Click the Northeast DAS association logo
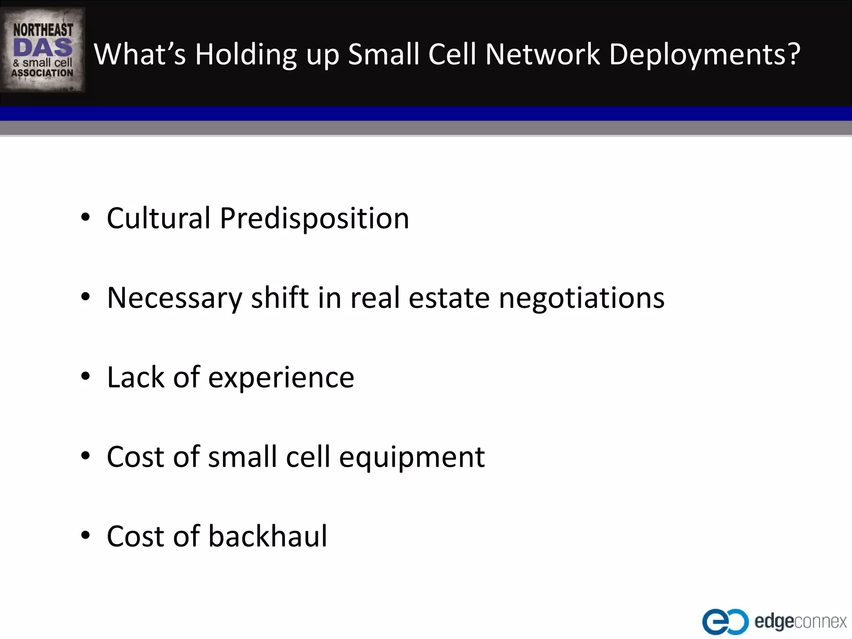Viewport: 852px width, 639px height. pyautogui.click(x=43, y=50)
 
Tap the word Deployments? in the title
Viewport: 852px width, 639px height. pyautogui.click(x=704, y=54)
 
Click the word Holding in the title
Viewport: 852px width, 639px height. pyautogui.click(x=246, y=54)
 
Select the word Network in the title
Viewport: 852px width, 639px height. pyautogui.click(x=542, y=54)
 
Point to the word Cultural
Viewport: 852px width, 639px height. pyautogui.click(x=159, y=218)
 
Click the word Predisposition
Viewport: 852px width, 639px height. pyautogui.click(x=314, y=219)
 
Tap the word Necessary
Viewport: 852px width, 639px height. pyautogui.click(x=174, y=298)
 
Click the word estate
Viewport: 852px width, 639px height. pyautogui.click(x=449, y=298)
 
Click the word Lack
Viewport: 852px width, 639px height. pyautogui.click(x=136, y=377)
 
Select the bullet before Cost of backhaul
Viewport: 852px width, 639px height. pyautogui.click(x=86, y=535)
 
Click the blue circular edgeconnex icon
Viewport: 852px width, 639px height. pyautogui.click(x=724, y=622)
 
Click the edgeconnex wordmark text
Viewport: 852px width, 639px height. pyautogui.click(x=800, y=622)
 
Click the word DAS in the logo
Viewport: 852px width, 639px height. pyautogui.click(x=43, y=47)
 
